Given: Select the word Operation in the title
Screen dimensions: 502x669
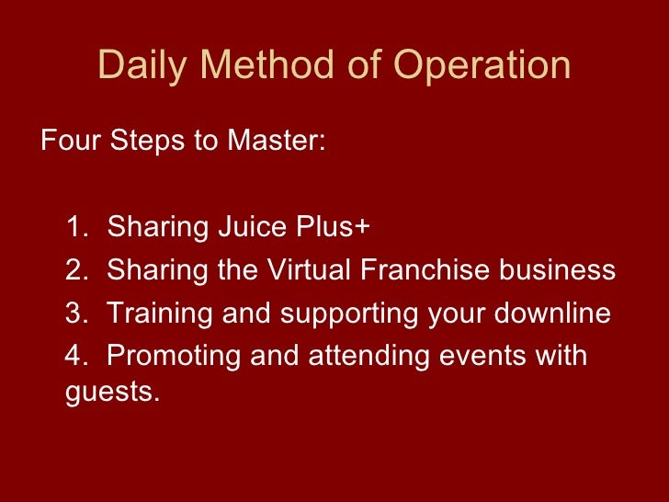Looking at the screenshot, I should coord(482,67).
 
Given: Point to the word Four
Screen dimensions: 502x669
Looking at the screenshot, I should coord(69,143).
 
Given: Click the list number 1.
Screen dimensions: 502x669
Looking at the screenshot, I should coord(74,227).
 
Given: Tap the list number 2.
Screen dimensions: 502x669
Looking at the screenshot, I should coord(74,270).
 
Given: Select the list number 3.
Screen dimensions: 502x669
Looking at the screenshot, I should coord(74,314).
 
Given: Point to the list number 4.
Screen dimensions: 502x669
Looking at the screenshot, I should coord(74,356).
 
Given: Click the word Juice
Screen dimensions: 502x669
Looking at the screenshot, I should coord(252,227).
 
